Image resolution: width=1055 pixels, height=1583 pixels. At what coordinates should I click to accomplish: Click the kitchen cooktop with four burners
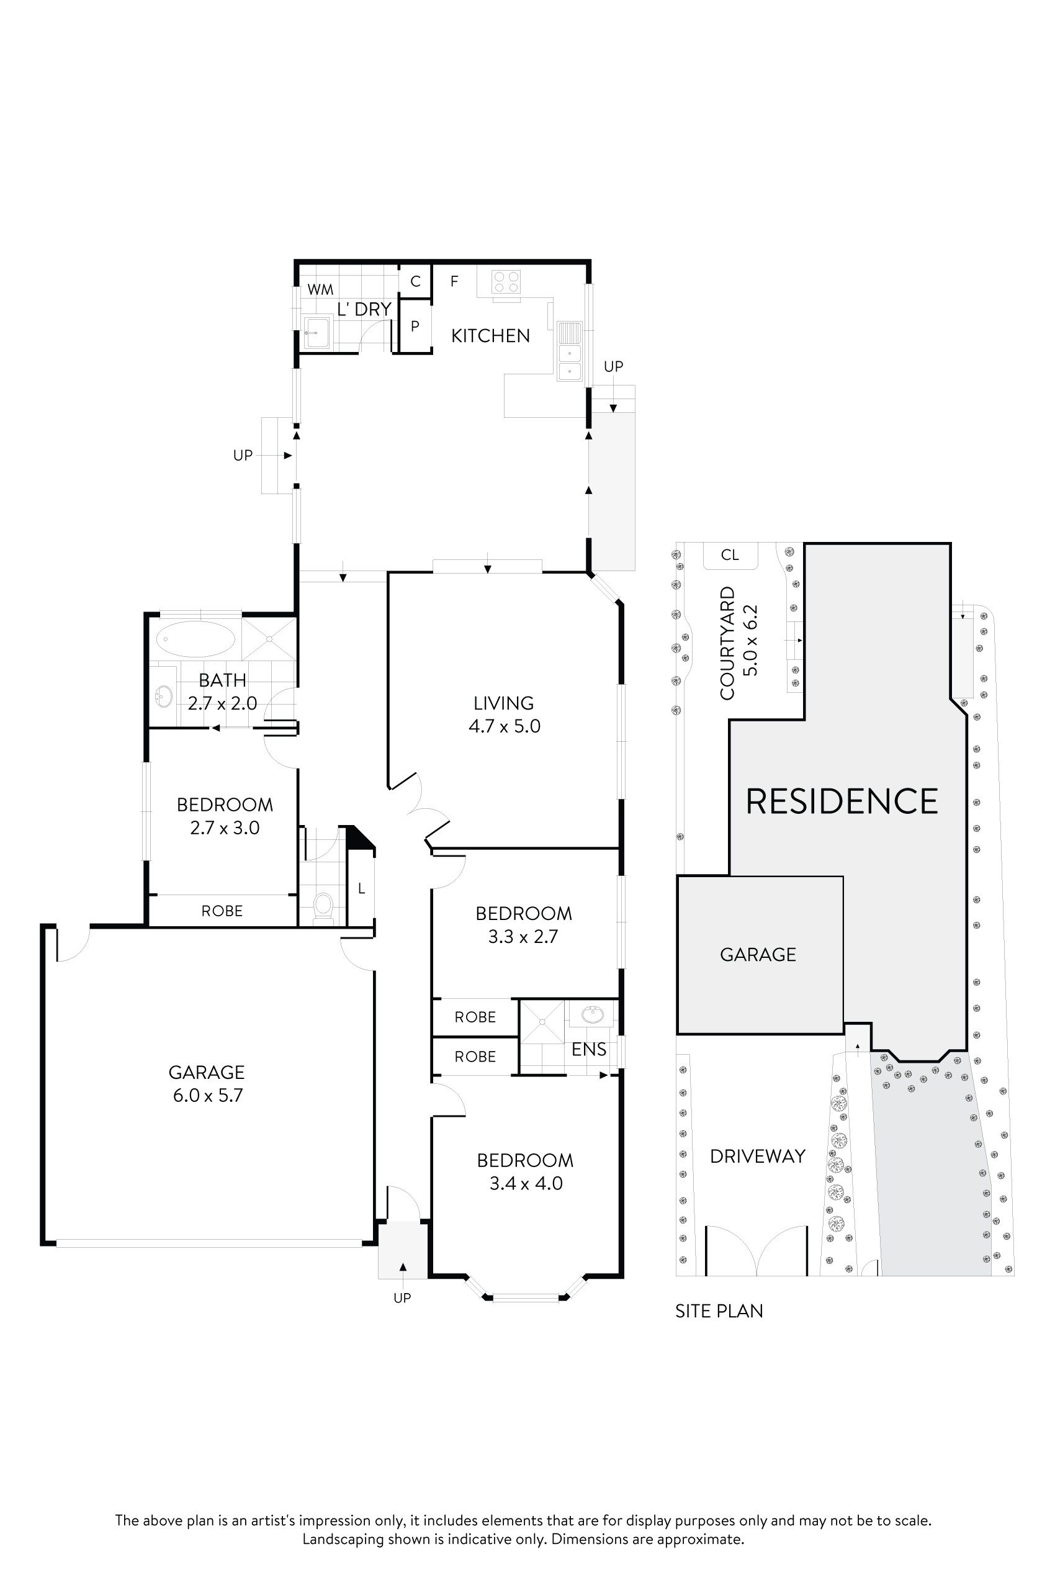point(506,281)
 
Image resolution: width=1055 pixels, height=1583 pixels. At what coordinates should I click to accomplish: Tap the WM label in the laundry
point(320,289)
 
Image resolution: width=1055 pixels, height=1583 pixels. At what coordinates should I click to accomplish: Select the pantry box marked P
point(415,327)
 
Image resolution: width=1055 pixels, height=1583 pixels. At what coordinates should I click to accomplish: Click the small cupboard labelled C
point(415,281)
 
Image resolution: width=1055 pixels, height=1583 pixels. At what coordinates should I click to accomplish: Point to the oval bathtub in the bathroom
point(195,638)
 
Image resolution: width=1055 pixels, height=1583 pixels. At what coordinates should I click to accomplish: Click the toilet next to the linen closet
point(323,904)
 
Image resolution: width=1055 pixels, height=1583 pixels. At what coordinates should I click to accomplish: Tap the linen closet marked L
point(361,888)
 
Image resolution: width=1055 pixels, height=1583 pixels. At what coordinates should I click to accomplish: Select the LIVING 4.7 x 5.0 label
point(504,714)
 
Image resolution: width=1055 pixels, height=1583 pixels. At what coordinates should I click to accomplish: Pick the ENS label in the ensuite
point(589,1049)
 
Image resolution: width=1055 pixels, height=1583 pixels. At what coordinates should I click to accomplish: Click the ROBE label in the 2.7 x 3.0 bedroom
point(222,911)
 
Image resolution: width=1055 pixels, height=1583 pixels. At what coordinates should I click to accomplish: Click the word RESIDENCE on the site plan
point(841,801)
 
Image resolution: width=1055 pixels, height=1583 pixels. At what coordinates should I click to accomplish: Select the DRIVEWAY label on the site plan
point(758,1157)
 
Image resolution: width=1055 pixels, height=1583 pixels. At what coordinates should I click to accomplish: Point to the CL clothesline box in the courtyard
point(730,554)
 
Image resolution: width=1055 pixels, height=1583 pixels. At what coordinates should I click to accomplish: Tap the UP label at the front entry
point(402,1297)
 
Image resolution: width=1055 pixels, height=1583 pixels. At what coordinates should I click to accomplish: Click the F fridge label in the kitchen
point(455,281)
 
